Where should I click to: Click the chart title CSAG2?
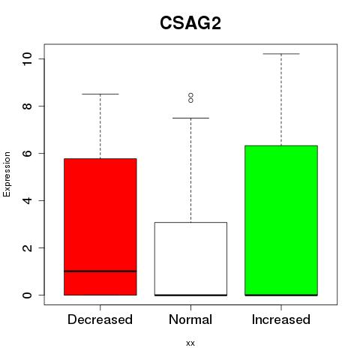click(190, 23)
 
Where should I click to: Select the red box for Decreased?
click(100, 226)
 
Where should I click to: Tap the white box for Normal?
click(190, 259)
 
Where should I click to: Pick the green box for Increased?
click(281, 220)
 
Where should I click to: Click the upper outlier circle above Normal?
click(190, 95)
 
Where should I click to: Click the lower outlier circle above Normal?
click(190, 100)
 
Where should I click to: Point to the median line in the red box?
click(100, 271)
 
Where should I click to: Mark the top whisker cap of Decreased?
click(100, 94)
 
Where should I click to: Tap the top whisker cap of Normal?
click(190, 118)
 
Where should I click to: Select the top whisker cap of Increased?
click(281, 54)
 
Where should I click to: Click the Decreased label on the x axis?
click(100, 319)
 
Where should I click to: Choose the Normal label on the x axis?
click(190, 319)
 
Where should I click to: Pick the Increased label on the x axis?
click(281, 319)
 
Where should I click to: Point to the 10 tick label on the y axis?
click(27, 59)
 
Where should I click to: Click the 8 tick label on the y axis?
click(27, 106)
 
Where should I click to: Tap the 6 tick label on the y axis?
click(27, 153)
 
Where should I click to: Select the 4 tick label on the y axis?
click(27, 200)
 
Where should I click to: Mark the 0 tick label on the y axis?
click(27, 295)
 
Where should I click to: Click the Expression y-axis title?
click(7, 174)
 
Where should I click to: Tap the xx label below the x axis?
click(190, 343)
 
